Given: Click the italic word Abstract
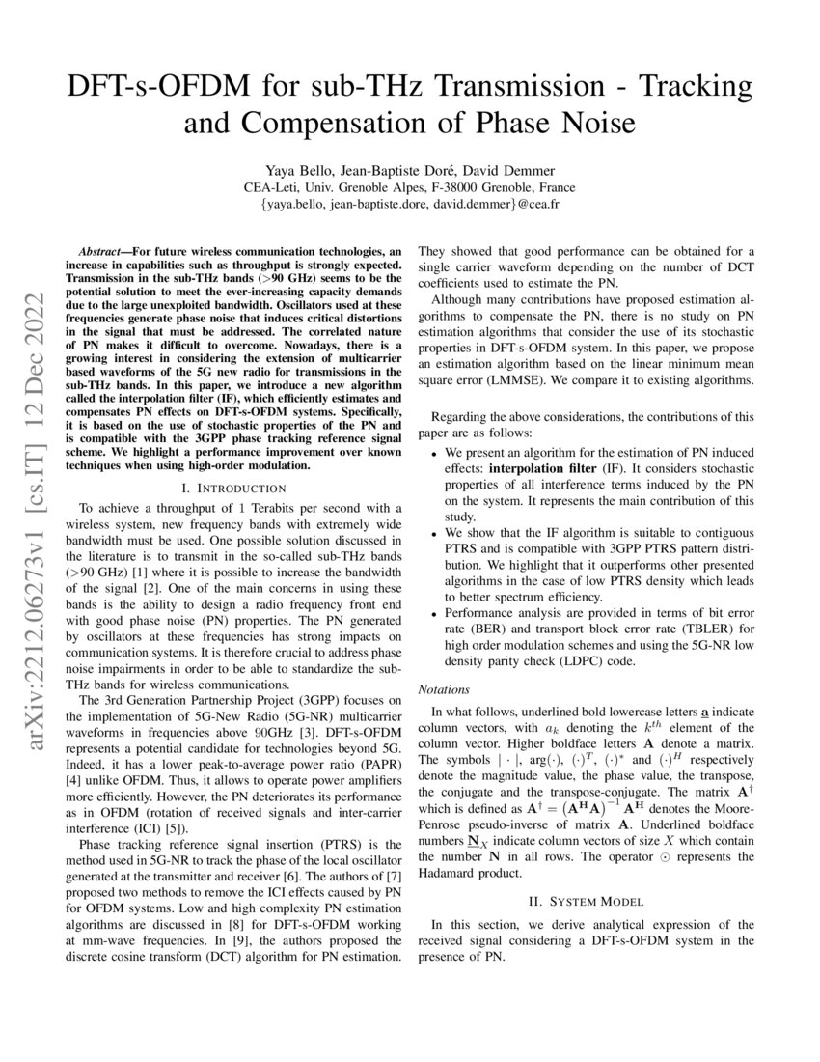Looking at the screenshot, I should [104, 250].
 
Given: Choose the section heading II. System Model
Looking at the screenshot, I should [586, 901].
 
